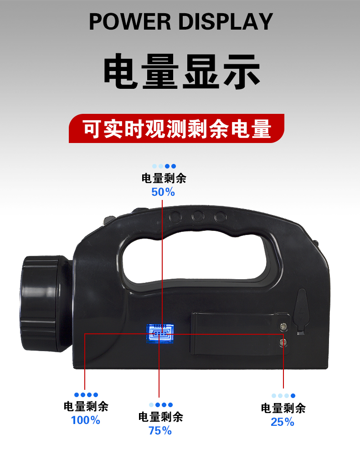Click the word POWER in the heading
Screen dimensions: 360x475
point(130,21)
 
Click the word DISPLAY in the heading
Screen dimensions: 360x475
point(226,21)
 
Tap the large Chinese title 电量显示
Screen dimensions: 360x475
point(182,72)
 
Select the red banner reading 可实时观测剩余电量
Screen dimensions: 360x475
point(177,128)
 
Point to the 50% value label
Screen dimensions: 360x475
point(163,192)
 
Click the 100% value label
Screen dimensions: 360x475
point(86,420)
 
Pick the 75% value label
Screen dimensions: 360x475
point(160,430)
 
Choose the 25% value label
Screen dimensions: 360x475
point(283,422)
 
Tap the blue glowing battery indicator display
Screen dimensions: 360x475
point(160,333)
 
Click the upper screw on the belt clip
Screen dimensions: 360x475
point(283,327)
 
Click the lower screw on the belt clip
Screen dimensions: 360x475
point(283,342)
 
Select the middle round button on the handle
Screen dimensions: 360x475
point(198,217)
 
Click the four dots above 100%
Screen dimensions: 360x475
point(86,395)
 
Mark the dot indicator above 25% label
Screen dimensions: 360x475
point(283,396)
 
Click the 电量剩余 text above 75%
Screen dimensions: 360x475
point(160,417)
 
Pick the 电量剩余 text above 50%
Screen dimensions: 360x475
point(164,178)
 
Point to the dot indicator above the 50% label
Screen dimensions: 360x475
point(164,166)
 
